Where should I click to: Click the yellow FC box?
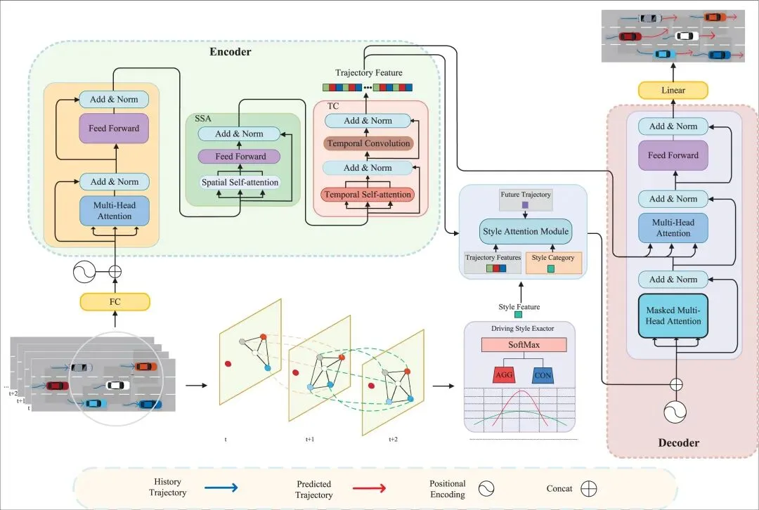(x=114, y=302)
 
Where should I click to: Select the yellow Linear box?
(x=673, y=90)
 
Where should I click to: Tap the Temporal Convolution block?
(x=368, y=143)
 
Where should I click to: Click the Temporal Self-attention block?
(x=368, y=194)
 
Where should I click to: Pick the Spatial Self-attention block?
(x=239, y=182)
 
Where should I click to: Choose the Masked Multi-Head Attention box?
(x=673, y=315)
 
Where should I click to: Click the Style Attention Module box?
(x=525, y=230)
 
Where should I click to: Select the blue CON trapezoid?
(x=543, y=374)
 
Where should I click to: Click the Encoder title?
(x=230, y=51)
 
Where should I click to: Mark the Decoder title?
(x=678, y=443)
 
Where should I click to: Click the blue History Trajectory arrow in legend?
(x=221, y=488)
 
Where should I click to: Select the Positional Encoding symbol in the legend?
(x=485, y=488)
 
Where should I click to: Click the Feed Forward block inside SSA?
(x=240, y=157)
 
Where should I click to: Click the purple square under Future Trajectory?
(x=525, y=205)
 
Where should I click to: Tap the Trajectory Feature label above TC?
(x=368, y=73)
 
